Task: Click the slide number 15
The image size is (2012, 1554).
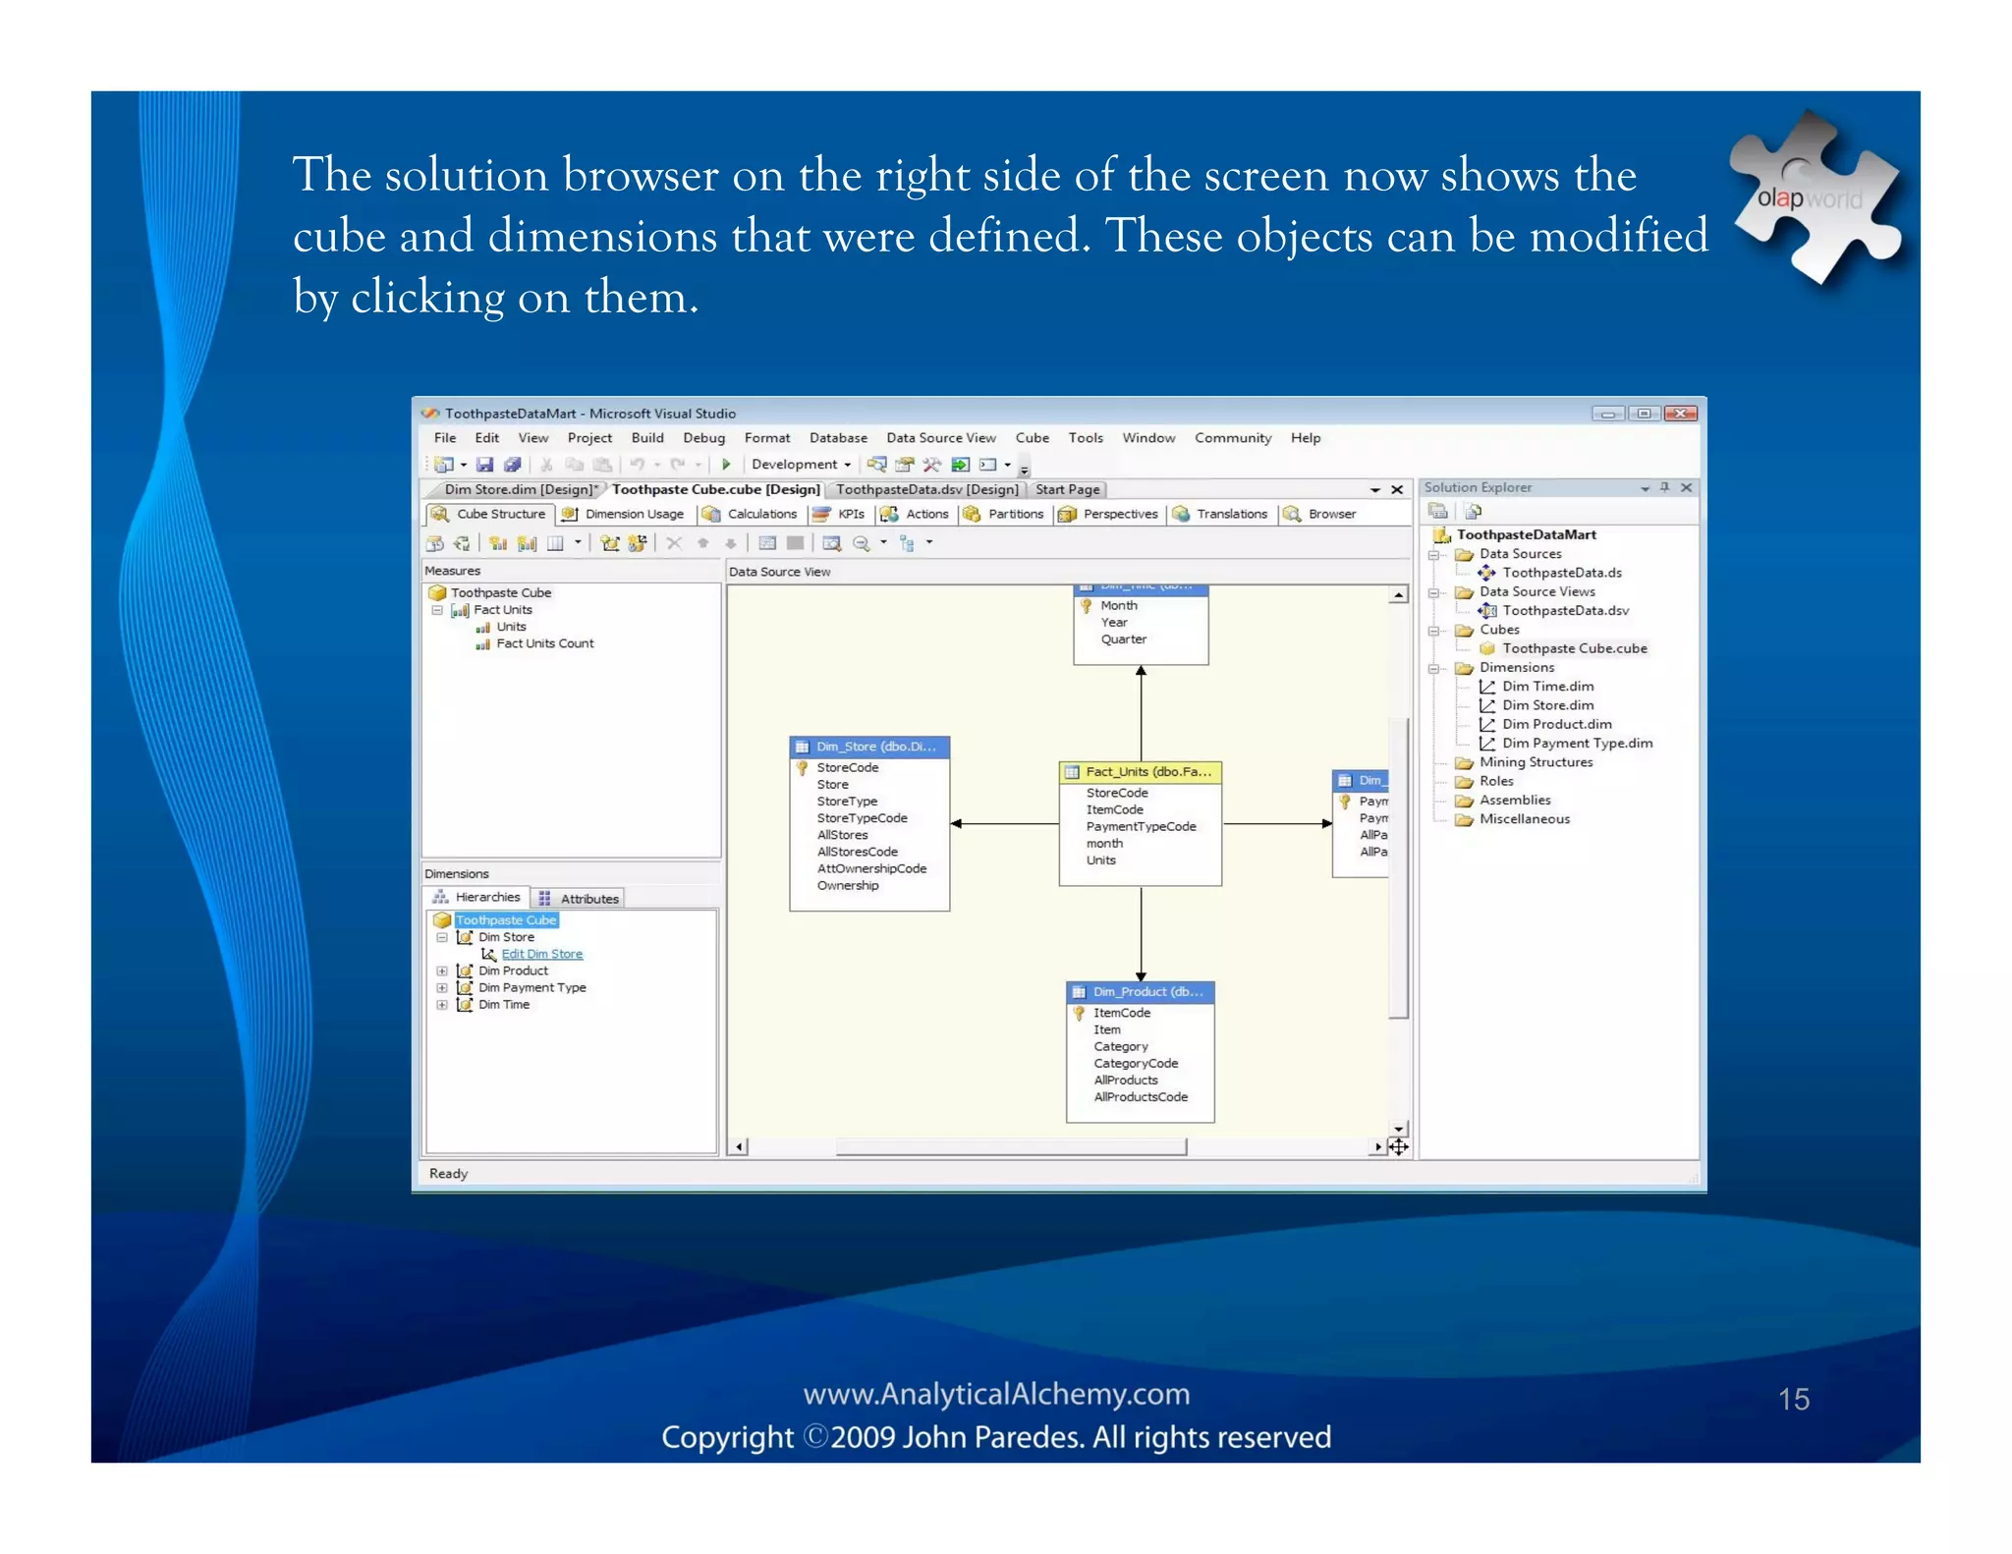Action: pyautogui.click(x=1793, y=1399)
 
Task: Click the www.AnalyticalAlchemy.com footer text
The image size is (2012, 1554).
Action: pyautogui.click(x=995, y=1394)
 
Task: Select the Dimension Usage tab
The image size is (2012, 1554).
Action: pyautogui.click(x=633, y=514)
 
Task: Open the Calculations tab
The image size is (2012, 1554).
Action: pyautogui.click(x=760, y=514)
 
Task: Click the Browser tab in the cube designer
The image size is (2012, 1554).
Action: pyautogui.click(x=1330, y=514)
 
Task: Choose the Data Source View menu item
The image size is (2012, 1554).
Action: pyautogui.click(x=940, y=438)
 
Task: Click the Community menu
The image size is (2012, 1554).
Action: pyautogui.click(x=1232, y=438)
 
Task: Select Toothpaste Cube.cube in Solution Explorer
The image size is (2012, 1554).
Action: pyautogui.click(x=1573, y=648)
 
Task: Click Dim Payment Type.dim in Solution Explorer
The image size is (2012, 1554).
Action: pyautogui.click(x=1576, y=744)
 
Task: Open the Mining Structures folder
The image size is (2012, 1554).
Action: pyautogui.click(x=1535, y=762)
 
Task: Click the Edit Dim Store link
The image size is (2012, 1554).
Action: pyautogui.click(x=541, y=954)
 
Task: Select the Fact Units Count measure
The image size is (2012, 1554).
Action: pyautogui.click(x=544, y=643)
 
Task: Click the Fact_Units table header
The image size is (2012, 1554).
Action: pyautogui.click(x=1146, y=772)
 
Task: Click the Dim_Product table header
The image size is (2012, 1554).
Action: pyautogui.click(x=1146, y=992)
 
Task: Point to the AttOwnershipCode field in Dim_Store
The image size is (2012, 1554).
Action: pyautogui.click(x=871, y=868)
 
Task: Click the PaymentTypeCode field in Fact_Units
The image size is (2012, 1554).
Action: pyautogui.click(x=1141, y=826)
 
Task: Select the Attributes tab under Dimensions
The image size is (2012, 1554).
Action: pyautogui.click(x=588, y=899)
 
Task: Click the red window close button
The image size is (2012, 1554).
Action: pyautogui.click(x=1681, y=414)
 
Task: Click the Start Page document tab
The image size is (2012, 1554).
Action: pyautogui.click(x=1067, y=489)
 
